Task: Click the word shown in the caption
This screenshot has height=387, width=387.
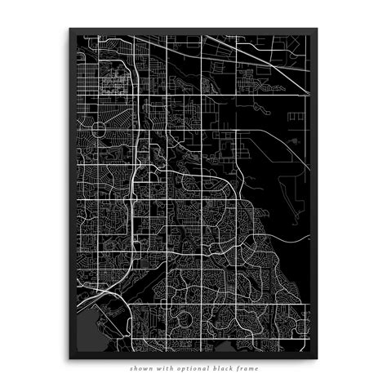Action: (x=140, y=369)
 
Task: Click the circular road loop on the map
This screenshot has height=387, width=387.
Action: (x=100, y=129)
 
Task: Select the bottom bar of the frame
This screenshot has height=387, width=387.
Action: (x=193, y=357)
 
